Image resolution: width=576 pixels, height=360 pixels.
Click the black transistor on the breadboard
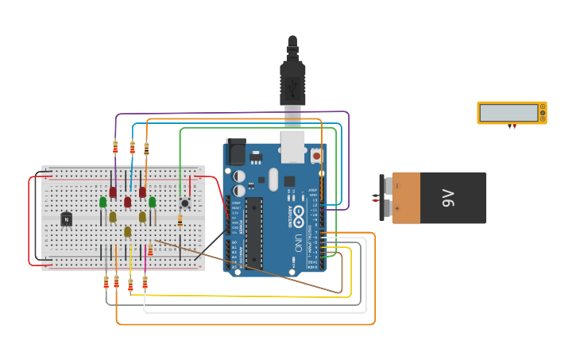pyautogui.click(x=66, y=219)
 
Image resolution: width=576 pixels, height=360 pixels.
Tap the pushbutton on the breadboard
pyautogui.click(x=184, y=203)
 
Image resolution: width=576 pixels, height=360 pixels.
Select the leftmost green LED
pyautogui.click(x=102, y=202)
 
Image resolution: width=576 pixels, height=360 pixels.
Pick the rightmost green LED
pyautogui.click(x=152, y=202)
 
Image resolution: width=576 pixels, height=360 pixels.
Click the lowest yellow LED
pyautogui.click(x=127, y=231)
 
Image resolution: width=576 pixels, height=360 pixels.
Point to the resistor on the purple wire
pyautogui.click(x=115, y=147)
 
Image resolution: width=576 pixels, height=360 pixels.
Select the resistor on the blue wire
pyautogui.click(x=132, y=147)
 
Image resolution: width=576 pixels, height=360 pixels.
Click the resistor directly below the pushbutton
pyautogui.click(x=180, y=221)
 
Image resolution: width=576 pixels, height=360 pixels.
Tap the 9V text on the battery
pyautogui.click(x=448, y=198)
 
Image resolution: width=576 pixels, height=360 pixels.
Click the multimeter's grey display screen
pyautogui.click(x=508, y=113)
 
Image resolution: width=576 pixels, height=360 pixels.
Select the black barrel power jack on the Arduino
pyautogui.click(x=236, y=152)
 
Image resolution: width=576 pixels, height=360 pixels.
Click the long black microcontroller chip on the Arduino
pyautogui.click(x=253, y=232)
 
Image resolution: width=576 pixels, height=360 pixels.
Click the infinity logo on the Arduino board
pyautogui.click(x=298, y=213)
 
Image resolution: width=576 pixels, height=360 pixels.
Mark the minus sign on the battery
pyautogui.click(x=398, y=186)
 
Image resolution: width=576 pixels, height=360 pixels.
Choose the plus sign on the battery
pyautogui.click(x=398, y=209)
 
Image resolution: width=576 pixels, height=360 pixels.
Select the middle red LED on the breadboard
pyautogui.click(x=127, y=202)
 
